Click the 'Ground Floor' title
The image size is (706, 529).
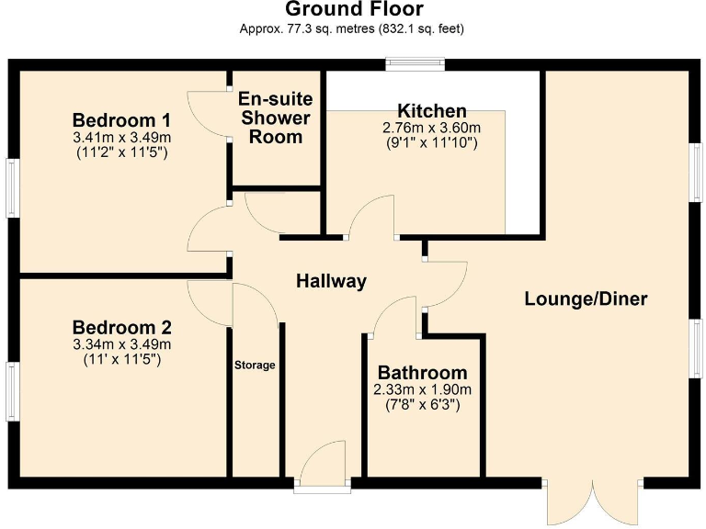coord(353,10)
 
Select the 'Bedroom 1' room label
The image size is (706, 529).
coord(121,120)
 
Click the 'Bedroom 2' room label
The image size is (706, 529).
coord(122,328)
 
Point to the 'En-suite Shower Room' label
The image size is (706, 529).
coord(275,118)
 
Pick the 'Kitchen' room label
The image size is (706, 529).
coord(431,111)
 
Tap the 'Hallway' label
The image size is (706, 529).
coord(331,281)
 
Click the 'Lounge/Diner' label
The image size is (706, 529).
coord(586,298)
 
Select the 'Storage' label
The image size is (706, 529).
coord(255,366)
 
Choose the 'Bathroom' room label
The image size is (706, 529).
coord(422,373)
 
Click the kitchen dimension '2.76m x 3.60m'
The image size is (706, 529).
coord(431,128)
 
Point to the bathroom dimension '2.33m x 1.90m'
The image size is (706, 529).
coord(422,389)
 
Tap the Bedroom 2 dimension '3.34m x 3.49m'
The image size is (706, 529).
coord(122,344)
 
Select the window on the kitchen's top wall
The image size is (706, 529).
coord(415,64)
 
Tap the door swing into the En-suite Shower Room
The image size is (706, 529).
coord(210,113)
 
